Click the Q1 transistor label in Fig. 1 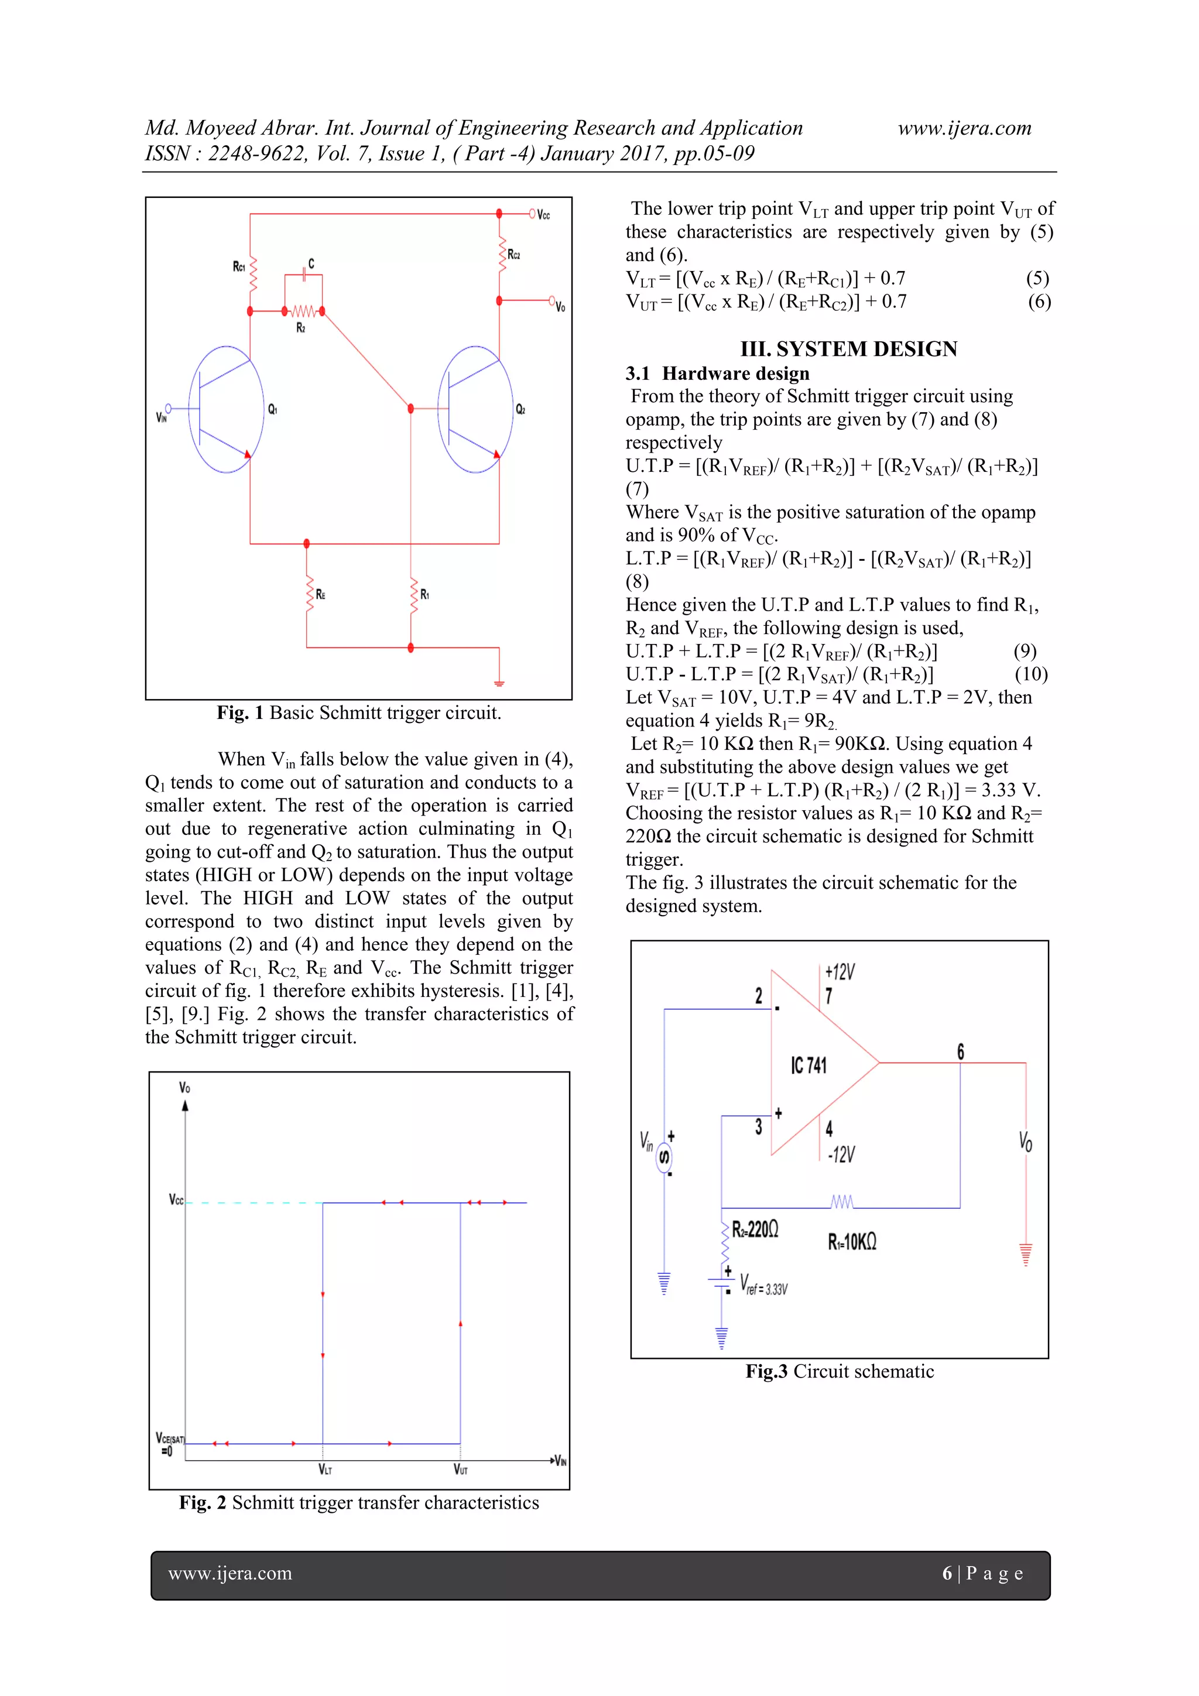(x=273, y=409)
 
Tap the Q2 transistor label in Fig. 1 (x=521, y=409)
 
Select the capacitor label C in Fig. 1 (x=311, y=263)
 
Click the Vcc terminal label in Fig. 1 (x=544, y=215)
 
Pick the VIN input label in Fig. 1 (x=162, y=417)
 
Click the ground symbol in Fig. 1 (x=499, y=683)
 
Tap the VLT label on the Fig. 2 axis (x=325, y=1469)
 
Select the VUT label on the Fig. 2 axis (x=461, y=1469)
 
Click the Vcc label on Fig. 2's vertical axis (x=176, y=1200)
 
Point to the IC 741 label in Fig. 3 (x=809, y=1065)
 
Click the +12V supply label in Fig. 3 (x=840, y=971)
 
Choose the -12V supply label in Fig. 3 (x=841, y=1154)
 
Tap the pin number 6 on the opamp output (x=960, y=1051)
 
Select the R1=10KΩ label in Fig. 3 (x=852, y=1242)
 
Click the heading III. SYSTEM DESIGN (x=849, y=349)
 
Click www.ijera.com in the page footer (x=229, y=1574)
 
